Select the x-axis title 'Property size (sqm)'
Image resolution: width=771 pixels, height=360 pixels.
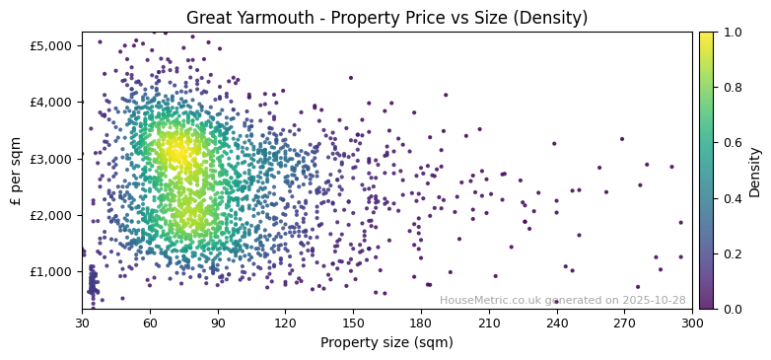pyautogui.click(x=386, y=343)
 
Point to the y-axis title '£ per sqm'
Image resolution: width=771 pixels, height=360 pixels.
pyautogui.click(x=17, y=171)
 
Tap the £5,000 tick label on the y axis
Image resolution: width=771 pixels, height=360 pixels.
pyautogui.click(x=50, y=45)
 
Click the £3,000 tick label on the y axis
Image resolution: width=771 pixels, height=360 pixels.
pyautogui.click(x=50, y=159)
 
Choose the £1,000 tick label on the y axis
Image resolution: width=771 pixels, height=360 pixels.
pyautogui.click(x=50, y=271)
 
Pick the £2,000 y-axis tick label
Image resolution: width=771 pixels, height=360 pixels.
pyautogui.click(x=50, y=215)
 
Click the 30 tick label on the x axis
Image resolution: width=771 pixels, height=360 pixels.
pyautogui.click(x=82, y=323)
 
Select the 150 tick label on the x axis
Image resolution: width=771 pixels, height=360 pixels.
pyautogui.click(x=353, y=323)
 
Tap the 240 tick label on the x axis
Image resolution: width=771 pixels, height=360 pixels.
pyautogui.click(x=557, y=323)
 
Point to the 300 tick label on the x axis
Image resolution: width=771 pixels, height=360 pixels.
pyautogui.click(x=692, y=323)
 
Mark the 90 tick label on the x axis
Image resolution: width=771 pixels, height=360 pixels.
pyautogui.click(x=218, y=323)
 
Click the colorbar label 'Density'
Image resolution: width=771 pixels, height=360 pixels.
pyautogui.click(x=755, y=171)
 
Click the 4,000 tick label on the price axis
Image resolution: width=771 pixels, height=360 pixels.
pyautogui.click(x=50, y=102)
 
